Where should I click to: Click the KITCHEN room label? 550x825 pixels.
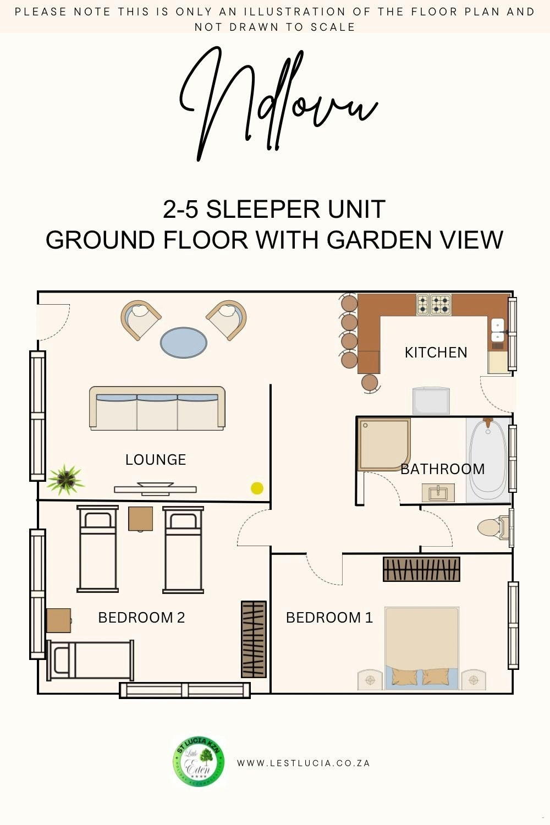point(436,353)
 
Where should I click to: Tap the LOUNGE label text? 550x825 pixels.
point(156,460)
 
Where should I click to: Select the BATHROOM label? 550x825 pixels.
point(442,469)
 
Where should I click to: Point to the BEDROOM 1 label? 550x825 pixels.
point(329,617)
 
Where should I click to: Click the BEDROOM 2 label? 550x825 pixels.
point(141,617)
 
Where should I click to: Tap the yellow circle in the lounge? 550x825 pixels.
point(257,488)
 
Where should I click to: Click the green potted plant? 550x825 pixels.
point(65,479)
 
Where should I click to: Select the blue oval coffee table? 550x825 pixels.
point(184,343)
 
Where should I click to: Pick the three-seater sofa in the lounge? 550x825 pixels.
point(157,408)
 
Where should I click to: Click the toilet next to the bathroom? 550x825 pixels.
point(493,528)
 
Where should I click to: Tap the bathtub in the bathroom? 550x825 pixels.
point(488,459)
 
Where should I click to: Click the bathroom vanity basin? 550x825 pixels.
point(438,492)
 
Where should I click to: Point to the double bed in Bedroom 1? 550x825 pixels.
point(422,648)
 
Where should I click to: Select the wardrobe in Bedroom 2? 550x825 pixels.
point(254,639)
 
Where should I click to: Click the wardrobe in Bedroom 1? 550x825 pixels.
point(421,569)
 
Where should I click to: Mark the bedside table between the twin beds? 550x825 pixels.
point(140,519)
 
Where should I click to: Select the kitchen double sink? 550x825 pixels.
point(498,331)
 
